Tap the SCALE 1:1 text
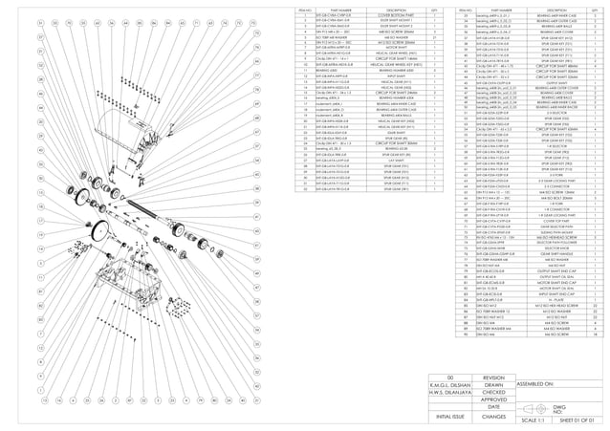pyautogui.click(x=534, y=420)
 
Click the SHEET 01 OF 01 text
pyautogui.click(x=577, y=420)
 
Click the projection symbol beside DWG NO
pyautogui.click(x=534, y=407)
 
